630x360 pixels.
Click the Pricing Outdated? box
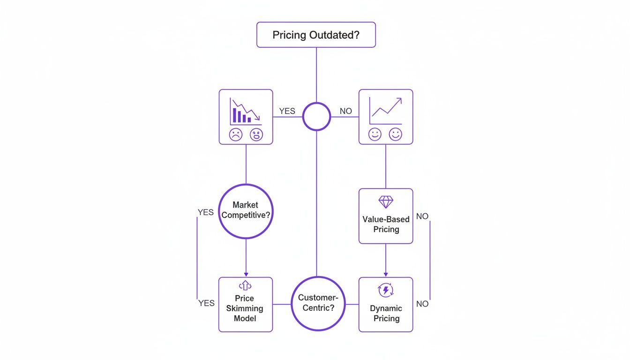(316, 35)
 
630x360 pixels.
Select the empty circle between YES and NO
(316, 116)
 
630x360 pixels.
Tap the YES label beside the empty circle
(287, 111)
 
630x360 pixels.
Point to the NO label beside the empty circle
(345, 111)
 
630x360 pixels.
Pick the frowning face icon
(235, 135)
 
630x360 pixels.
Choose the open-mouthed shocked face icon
(256, 135)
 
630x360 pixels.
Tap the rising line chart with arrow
(385, 108)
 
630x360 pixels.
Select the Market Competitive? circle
(246, 211)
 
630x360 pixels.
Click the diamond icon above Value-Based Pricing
(386, 202)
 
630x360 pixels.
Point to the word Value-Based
(386, 219)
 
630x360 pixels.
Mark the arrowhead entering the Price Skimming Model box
(246, 274)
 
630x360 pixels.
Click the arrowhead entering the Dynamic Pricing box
(386, 274)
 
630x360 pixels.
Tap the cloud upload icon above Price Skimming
(245, 285)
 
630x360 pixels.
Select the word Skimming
(245, 308)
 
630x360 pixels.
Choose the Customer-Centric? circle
(318, 304)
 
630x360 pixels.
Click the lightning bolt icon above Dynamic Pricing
(386, 291)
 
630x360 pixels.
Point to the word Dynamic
(386, 308)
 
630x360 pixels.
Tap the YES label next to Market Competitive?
(206, 212)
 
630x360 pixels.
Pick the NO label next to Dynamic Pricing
(422, 304)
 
